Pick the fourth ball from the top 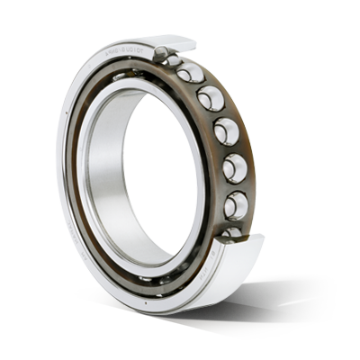click(227, 131)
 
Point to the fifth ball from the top click(234, 168)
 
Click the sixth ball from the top click(234, 204)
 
